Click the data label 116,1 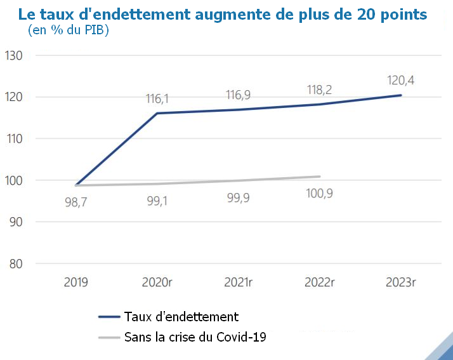[157, 99]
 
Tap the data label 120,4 [400, 81]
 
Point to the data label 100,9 [320, 192]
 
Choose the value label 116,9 [239, 95]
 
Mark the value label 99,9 [239, 197]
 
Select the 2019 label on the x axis [76, 281]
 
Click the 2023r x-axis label [401, 281]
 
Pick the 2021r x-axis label [239, 281]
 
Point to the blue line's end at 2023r [401, 95]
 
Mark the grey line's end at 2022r [320, 177]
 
